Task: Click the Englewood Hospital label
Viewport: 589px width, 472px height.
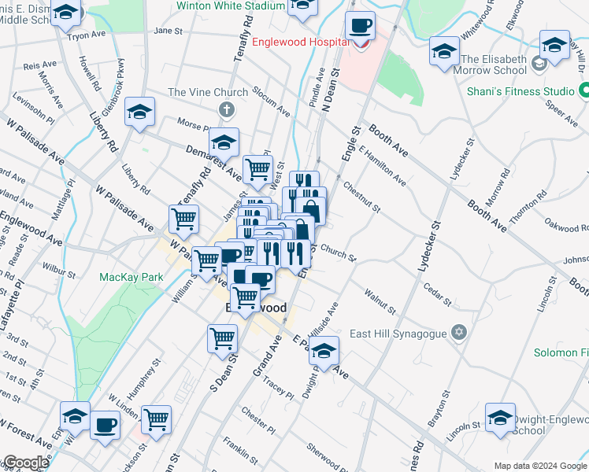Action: pyautogui.click(x=301, y=42)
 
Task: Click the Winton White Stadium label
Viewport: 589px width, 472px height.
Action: pyautogui.click(x=230, y=6)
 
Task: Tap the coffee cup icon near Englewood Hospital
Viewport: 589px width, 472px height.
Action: pyautogui.click(x=360, y=26)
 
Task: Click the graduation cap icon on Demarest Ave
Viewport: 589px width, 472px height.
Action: pyautogui.click(x=224, y=142)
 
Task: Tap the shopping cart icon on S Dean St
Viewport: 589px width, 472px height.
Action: pyautogui.click(x=223, y=338)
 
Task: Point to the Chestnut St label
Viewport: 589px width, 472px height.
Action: pyautogui.click(x=362, y=197)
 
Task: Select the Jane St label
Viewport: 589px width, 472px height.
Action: pyautogui.click(x=169, y=31)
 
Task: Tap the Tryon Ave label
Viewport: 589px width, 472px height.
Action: pyautogui.click(x=87, y=35)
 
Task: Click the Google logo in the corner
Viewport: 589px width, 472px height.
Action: pyautogui.click(x=25, y=463)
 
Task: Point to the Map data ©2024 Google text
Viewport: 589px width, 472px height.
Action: pyautogui.click(x=540, y=466)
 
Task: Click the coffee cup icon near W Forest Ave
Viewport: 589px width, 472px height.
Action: pyautogui.click(x=105, y=426)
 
